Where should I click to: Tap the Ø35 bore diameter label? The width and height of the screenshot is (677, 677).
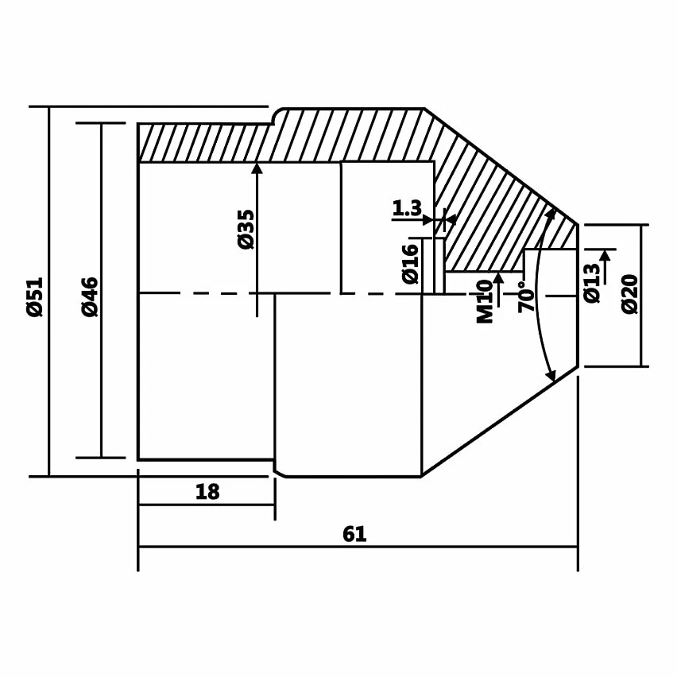tap(246, 230)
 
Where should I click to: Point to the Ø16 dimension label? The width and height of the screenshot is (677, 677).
tap(411, 265)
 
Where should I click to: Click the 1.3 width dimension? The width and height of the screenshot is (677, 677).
tap(407, 208)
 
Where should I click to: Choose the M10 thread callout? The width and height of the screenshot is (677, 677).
tap(485, 302)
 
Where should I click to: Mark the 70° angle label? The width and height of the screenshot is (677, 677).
tap(526, 297)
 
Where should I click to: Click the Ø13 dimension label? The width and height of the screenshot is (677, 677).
tap(591, 283)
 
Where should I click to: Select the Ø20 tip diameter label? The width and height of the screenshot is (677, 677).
tap(630, 294)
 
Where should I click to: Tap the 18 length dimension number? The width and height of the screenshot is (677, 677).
tap(207, 492)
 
